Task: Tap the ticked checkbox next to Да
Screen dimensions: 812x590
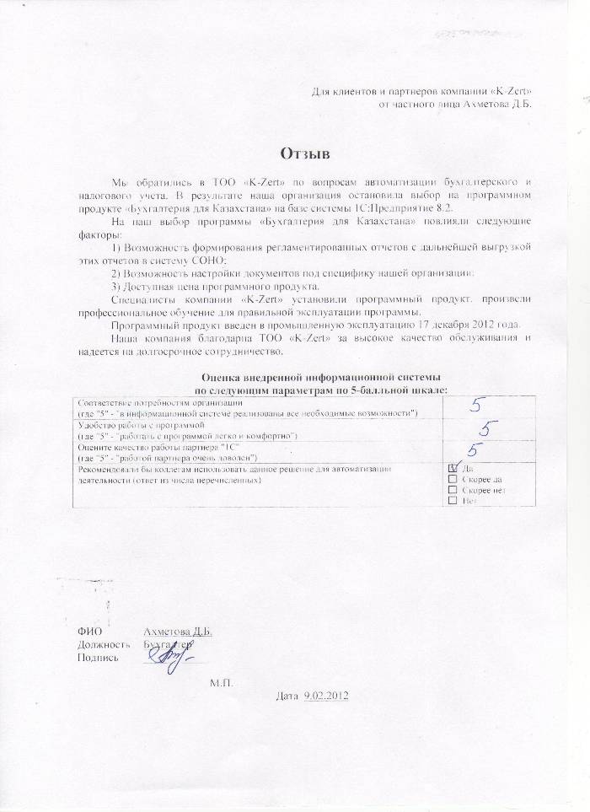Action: [453, 467]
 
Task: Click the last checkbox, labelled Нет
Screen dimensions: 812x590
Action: [453, 500]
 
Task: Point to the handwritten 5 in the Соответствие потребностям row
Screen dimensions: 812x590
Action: [476, 406]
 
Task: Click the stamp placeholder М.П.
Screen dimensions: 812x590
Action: [221, 680]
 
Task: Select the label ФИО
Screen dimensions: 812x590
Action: [88, 632]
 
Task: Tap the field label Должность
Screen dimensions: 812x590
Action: [103, 644]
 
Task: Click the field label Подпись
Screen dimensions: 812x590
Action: [97, 657]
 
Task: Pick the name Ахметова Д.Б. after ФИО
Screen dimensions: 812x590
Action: [177, 632]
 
